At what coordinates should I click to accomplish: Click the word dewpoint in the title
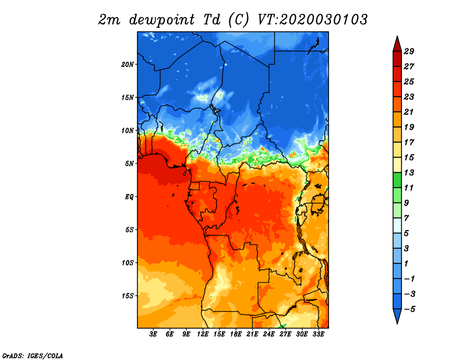162,20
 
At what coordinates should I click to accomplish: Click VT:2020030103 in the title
312,20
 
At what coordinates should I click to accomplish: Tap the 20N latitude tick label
128,65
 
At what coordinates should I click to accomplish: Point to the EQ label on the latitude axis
129,197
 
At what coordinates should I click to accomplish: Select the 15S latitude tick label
128,296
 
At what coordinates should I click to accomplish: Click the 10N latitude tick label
128,131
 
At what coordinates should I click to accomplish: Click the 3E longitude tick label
153,334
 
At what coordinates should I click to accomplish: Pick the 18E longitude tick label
236,334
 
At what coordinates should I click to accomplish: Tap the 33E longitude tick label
318,334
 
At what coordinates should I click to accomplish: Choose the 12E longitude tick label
203,334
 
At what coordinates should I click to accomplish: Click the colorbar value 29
409,52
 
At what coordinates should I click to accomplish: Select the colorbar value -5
409,309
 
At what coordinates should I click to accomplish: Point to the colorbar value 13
409,173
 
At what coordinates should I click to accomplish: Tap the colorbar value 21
409,112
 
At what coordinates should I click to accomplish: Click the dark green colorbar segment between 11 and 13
397,180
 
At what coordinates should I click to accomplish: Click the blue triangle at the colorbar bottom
397,315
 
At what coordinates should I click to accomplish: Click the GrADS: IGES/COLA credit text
33,355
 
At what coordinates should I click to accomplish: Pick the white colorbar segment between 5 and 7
397,225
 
